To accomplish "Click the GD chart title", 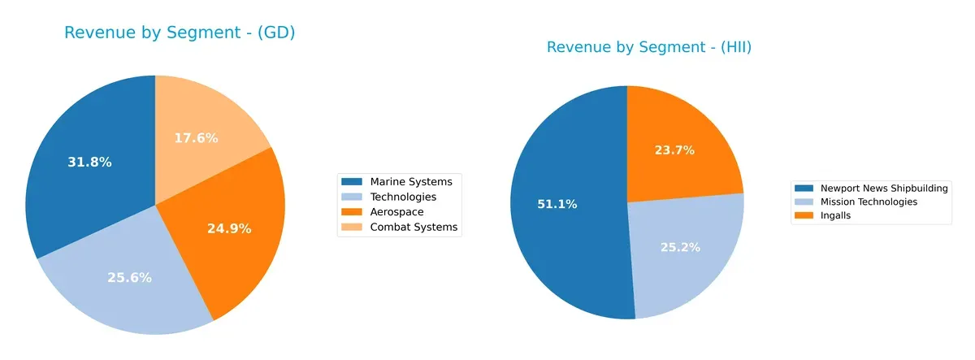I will tap(179, 33).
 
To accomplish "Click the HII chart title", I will tap(648, 47).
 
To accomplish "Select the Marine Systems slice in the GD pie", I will tap(73, 187).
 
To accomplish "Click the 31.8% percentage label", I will tap(89, 163).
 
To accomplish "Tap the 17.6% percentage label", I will tap(196, 138).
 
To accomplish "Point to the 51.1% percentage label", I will tap(557, 204).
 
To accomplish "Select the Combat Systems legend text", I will tap(414, 228).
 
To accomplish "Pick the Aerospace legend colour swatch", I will tap(353, 212).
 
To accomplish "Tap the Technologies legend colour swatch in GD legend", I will tap(353, 197).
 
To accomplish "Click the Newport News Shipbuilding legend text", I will tap(884, 189).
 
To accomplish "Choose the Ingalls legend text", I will tap(835, 215).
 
